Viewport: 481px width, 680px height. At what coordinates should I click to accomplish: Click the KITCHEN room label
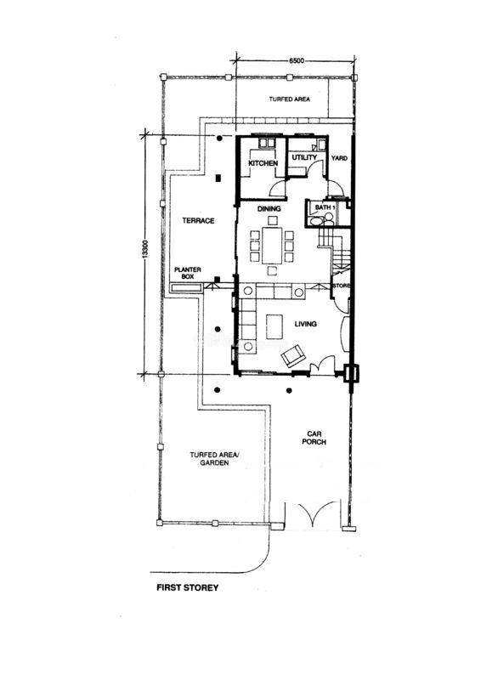pos(263,163)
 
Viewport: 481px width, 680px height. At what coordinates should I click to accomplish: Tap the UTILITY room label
pos(304,157)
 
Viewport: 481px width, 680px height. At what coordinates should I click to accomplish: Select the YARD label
pos(339,158)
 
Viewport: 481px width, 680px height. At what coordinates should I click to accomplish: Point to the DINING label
pos(269,208)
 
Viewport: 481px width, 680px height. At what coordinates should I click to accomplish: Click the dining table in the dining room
pos(272,246)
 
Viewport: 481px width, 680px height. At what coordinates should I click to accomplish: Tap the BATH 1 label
pos(325,207)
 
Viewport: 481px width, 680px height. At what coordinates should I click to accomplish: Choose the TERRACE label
pos(198,220)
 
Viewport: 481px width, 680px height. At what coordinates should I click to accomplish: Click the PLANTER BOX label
pos(187,273)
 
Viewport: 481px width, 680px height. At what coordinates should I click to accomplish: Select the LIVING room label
pos(305,324)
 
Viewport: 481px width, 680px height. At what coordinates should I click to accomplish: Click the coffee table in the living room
pos(274,327)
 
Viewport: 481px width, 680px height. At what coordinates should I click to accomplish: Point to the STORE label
pos(342,286)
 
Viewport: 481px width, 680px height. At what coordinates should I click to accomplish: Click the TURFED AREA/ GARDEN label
pos(214,459)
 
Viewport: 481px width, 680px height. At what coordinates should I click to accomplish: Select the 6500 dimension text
pos(297,61)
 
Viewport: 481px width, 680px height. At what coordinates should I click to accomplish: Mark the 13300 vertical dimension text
pos(145,251)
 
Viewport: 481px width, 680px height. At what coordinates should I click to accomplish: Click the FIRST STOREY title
pos(187,588)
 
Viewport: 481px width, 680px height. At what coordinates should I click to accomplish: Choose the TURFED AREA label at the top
pos(289,99)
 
